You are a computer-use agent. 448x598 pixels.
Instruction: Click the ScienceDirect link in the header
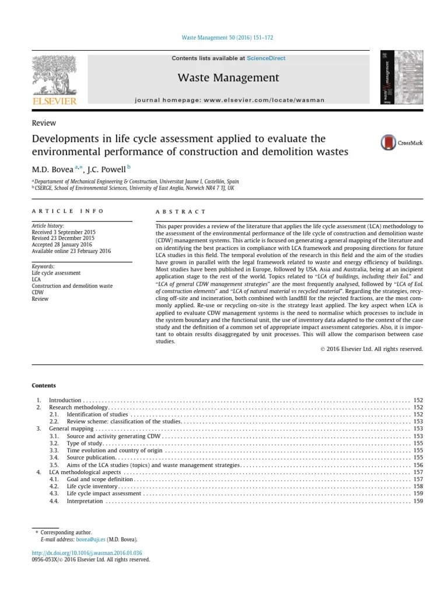coord(266,58)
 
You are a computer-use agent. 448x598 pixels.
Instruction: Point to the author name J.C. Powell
coord(108,169)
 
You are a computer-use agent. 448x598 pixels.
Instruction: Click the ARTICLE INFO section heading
coord(68,211)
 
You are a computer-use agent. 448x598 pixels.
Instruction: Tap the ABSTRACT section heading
coord(181,211)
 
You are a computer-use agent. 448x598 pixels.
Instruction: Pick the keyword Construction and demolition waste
coord(71,286)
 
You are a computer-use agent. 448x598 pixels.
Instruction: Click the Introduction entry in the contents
coord(65,399)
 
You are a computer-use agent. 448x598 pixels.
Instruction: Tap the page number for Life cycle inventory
coord(418,486)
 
